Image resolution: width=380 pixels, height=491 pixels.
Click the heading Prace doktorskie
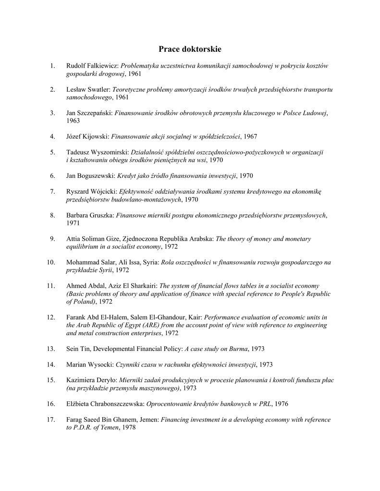pyautogui.click(x=190, y=49)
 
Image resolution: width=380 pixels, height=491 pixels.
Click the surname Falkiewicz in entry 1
pyautogui.click(x=102, y=66)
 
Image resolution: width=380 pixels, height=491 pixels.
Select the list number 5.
pyautogui.click(x=52, y=152)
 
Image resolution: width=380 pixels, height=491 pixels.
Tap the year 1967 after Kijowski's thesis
pyautogui.click(x=250, y=137)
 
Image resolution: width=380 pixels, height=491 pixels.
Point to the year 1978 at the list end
pyautogui.click(x=129, y=428)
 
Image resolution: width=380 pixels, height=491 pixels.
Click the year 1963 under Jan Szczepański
pyautogui.click(x=73, y=121)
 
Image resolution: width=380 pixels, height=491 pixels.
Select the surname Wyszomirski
pyautogui.click(x=105, y=152)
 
